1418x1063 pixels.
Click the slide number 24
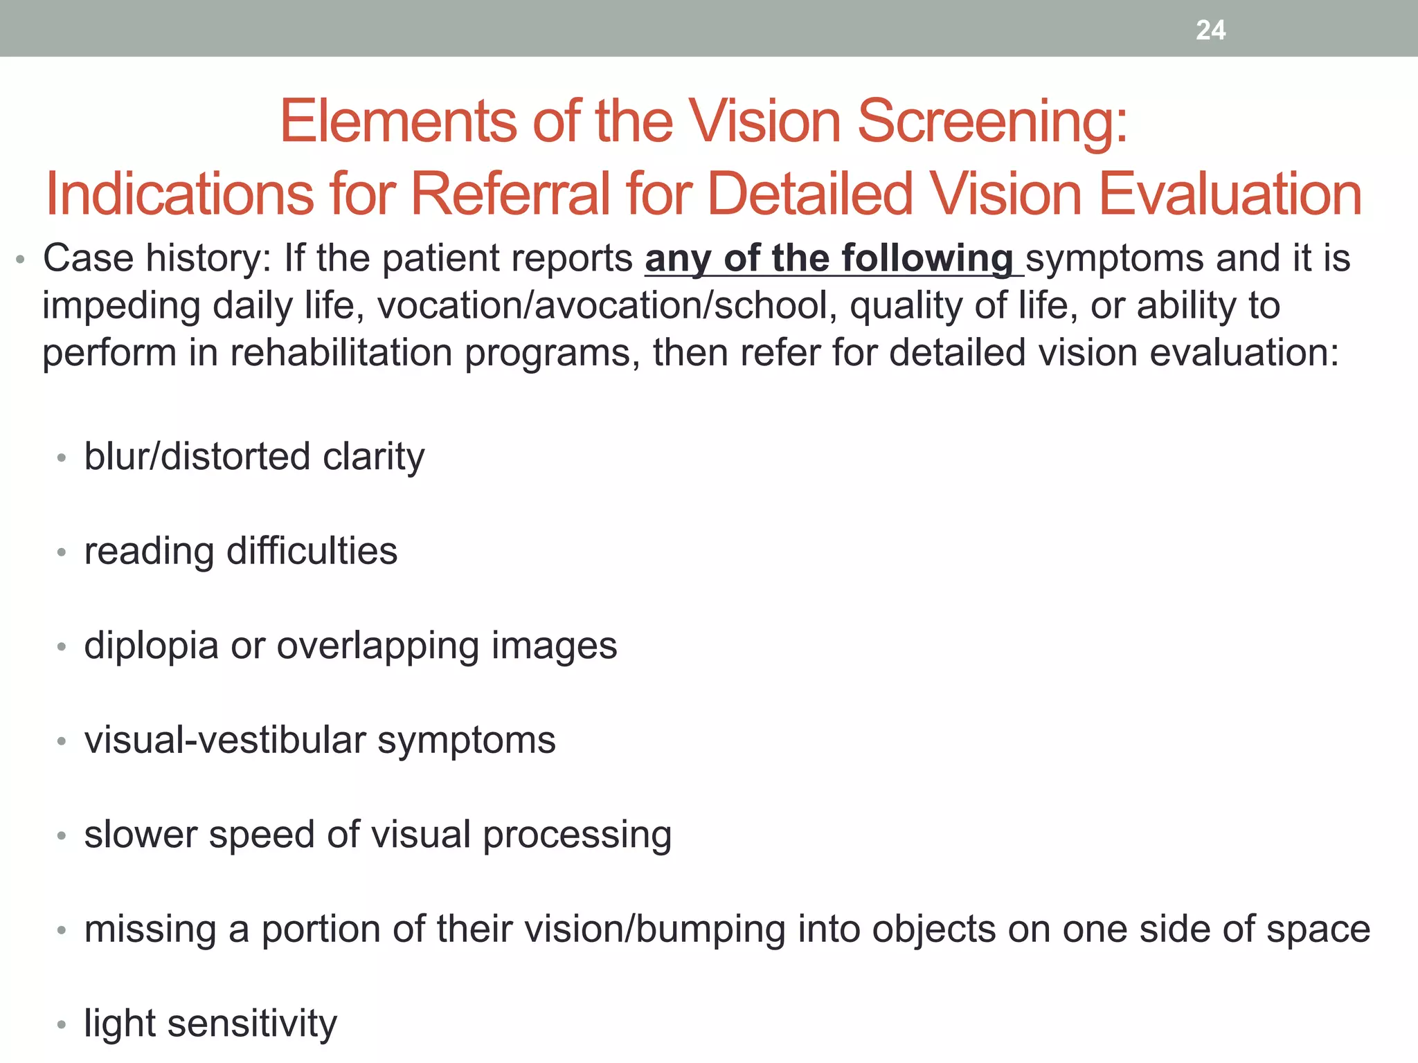1210,30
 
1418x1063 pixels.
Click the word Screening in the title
993,122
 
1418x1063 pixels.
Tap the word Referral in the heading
510,194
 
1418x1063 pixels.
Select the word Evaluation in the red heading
1230,194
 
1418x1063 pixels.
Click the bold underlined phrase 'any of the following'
829,259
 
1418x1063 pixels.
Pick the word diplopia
151,646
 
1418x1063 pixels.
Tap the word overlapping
377,646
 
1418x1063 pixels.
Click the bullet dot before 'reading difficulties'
62,552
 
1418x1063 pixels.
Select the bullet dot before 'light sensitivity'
62,1024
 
